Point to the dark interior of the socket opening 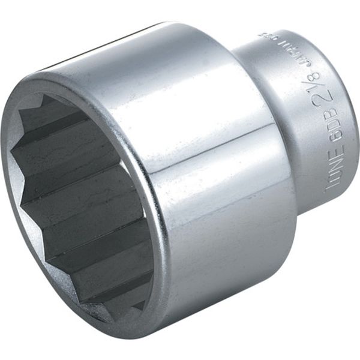tap(78, 198)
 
